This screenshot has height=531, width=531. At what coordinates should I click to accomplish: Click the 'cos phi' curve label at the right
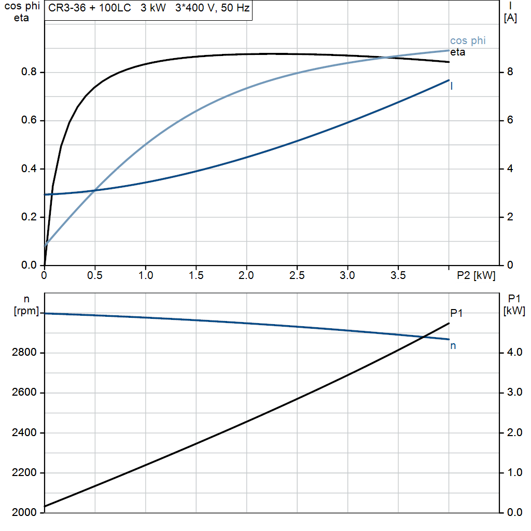468,41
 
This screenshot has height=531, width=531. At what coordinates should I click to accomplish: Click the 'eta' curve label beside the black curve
457,52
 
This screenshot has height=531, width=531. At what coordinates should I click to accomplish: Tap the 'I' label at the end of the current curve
452,86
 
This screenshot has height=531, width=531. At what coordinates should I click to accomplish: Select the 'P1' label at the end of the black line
456,313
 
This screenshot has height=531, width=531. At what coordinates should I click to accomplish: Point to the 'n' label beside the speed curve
453,345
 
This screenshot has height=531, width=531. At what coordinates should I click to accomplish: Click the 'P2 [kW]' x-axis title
476,276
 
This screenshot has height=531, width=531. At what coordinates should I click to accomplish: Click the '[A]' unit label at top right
510,19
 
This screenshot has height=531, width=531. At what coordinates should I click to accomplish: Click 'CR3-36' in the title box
64,9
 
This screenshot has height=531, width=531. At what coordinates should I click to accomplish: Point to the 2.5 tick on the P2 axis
297,276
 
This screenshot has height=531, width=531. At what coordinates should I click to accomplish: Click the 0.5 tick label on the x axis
95,276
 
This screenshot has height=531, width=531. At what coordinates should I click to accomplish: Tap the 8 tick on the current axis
510,72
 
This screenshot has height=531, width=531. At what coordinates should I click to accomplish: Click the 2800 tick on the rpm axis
22,353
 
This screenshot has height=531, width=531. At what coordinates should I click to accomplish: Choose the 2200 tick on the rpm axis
22,473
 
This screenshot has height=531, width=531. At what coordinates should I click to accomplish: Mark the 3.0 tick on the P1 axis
513,393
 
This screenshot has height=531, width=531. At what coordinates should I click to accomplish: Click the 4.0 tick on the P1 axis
513,353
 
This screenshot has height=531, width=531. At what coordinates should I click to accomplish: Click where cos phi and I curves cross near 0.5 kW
95,190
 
